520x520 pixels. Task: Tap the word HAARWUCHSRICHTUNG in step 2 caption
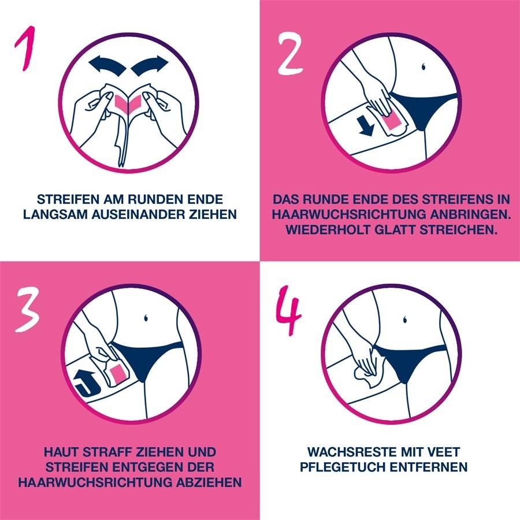(x=343, y=214)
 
